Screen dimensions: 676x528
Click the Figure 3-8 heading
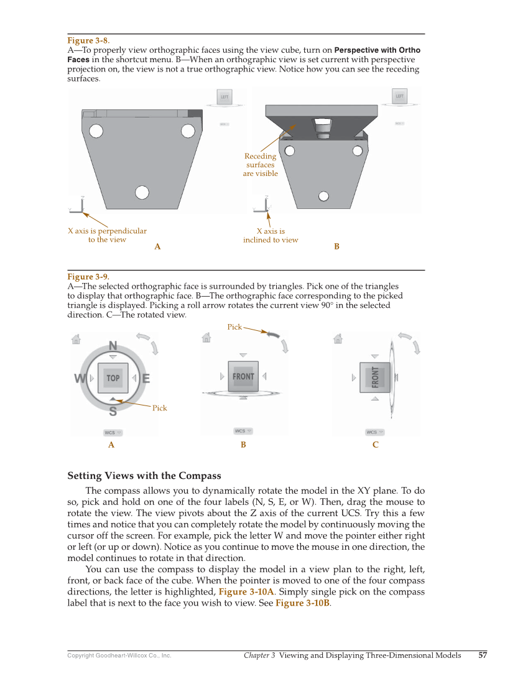[88, 41]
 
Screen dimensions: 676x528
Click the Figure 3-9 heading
[88, 277]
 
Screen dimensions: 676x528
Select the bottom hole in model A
[142, 192]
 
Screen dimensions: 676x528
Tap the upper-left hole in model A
[96, 131]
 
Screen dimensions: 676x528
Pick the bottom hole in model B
[323, 196]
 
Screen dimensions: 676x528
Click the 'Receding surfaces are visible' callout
[260, 165]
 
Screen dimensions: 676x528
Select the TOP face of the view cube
[113, 378]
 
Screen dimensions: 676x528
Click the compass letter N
[113, 346]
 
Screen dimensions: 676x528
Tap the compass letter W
[80, 379]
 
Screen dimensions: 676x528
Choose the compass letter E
[146, 378]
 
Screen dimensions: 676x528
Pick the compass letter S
[113, 411]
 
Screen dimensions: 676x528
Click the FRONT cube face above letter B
[243, 376]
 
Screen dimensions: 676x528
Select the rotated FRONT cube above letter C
[376, 377]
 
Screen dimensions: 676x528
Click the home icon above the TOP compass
[76, 340]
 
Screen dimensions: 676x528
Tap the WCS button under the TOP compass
[113, 432]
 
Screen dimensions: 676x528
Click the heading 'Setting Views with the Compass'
[144, 476]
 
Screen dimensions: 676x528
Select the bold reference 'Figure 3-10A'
[246, 591]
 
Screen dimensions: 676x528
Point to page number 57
[483, 655]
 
